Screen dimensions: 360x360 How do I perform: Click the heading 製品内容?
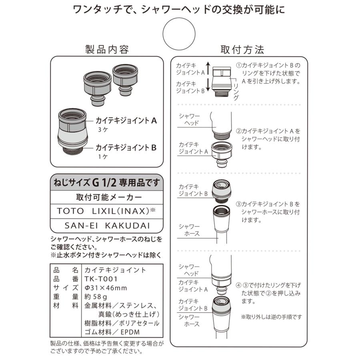[x=107, y=49]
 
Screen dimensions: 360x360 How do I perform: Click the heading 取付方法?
[x=242, y=50]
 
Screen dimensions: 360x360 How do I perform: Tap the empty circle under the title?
[x=179, y=34]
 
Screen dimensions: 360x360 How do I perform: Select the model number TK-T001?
[x=101, y=279]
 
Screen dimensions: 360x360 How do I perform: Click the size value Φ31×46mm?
[x=106, y=288]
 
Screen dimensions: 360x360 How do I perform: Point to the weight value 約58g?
[x=96, y=297]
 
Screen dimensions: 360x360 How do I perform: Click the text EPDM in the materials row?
[x=130, y=332]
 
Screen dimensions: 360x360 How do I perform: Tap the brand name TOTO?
[x=70, y=211]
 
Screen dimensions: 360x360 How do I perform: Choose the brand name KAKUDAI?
[x=128, y=226]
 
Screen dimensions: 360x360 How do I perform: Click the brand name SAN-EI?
[x=81, y=226]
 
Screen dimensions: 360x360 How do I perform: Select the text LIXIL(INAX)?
[x=121, y=211]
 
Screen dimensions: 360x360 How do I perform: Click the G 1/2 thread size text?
[x=104, y=182]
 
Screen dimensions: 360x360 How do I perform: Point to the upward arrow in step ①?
[x=208, y=68]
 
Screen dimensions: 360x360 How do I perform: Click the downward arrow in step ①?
[x=208, y=85]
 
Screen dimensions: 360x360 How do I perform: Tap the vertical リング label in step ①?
[x=236, y=92]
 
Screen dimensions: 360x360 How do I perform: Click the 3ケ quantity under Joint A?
[x=103, y=130]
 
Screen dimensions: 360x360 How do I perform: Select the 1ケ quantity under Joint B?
[x=103, y=157]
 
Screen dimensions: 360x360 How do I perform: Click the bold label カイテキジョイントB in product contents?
[x=126, y=147]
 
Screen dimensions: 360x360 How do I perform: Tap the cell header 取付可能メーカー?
[x=109, y=197]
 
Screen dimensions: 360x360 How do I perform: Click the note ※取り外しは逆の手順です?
[x=271, y=317]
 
